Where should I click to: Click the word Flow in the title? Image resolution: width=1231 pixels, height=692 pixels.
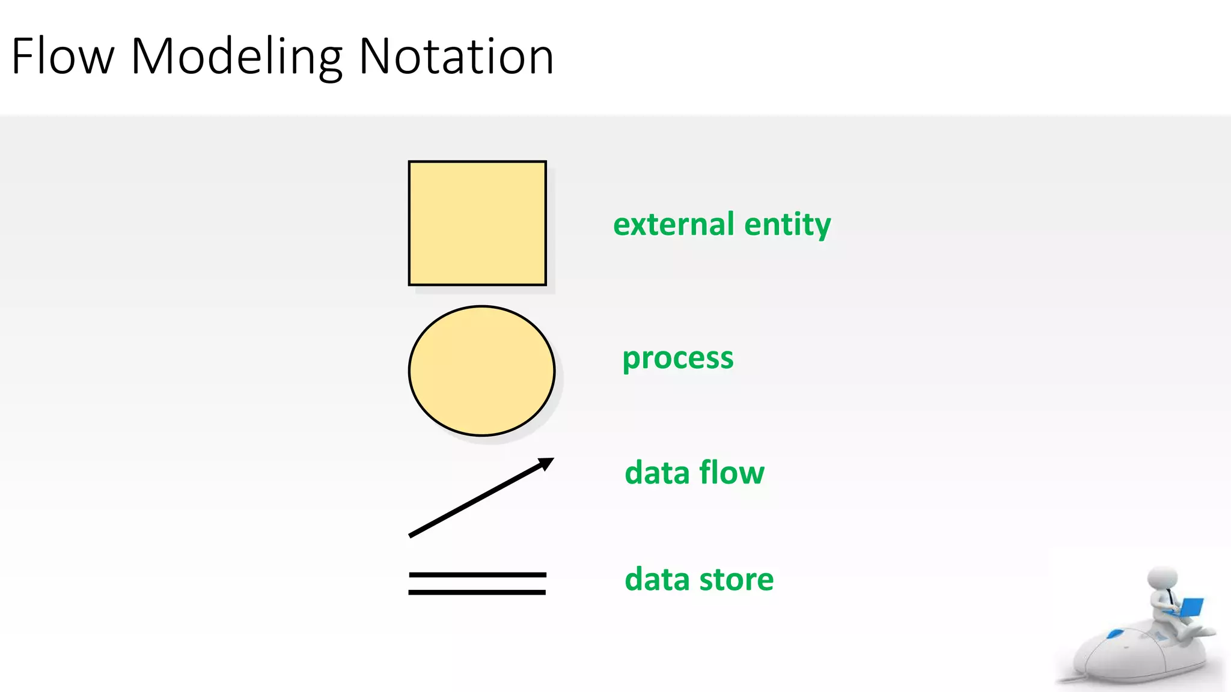[x=63, y=56]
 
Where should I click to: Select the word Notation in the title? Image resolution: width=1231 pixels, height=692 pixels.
[x=456, y=56]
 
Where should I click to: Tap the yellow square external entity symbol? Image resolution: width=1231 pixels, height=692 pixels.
[x=477, y=223]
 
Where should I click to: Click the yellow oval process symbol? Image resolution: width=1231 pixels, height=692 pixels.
[x=481, y=371]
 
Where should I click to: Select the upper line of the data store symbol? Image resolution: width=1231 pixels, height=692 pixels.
[x=477, y=575]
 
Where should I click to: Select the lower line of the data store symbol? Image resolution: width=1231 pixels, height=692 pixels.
[x=477, y=592]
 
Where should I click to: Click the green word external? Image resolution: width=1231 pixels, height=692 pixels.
[x=673, y=224]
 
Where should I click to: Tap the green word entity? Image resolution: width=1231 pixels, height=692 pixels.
[x=787, y=225]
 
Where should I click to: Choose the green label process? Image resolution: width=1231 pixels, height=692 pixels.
[x=677, y=359]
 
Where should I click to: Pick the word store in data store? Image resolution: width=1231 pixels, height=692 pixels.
[x=736, y=580]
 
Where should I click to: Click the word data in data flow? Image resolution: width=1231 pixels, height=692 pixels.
[x=657, y=473]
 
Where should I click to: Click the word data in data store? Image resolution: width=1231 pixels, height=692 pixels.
[x=657, y=580]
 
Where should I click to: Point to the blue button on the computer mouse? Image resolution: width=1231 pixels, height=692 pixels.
[x=1116, y=633]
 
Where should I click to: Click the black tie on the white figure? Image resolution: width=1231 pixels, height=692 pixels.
[x=1170, y=598]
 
